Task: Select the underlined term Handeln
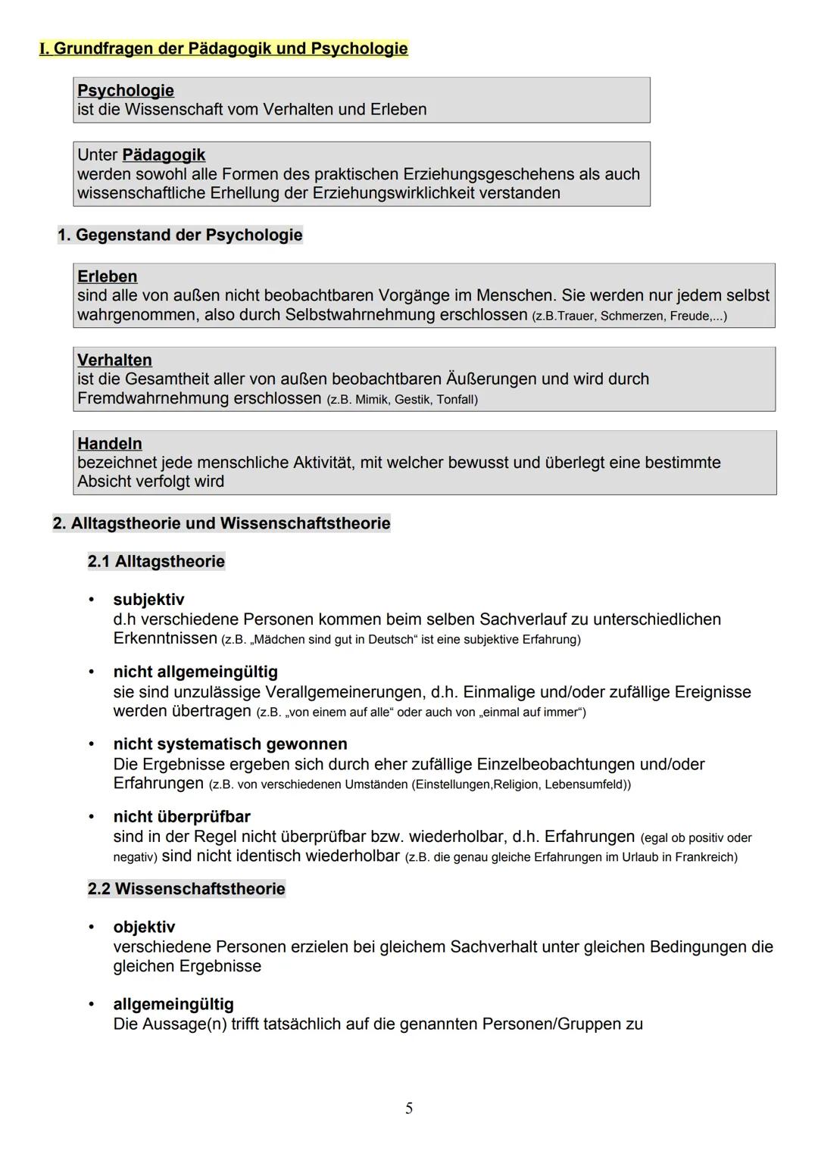110,444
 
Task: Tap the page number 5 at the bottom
409,1109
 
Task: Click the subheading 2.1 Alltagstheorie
156,561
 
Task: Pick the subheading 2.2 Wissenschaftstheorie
186,888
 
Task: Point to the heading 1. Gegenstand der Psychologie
180,235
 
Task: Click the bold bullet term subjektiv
148,600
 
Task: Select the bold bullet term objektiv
144,927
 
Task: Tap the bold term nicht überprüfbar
182,816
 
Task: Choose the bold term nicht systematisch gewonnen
230,744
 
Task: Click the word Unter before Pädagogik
97,155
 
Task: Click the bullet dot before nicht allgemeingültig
92,672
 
